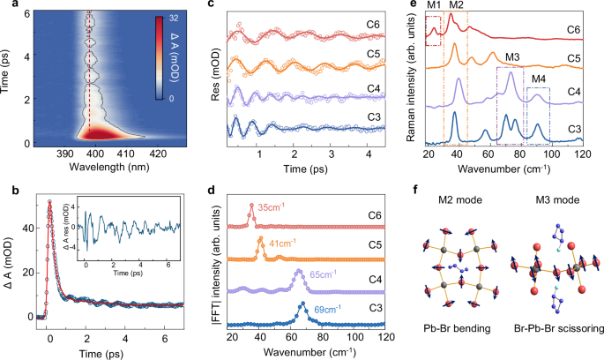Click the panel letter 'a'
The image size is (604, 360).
(8, 7)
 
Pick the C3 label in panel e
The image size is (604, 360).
(577, 130)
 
